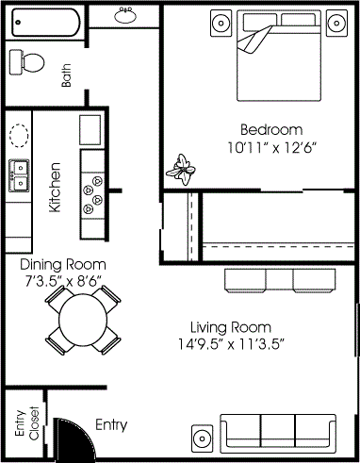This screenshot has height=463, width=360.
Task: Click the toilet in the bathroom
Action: coord(28,62)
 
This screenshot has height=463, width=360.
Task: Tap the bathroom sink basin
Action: coord(125,14)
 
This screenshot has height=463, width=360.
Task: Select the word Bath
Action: coord(67,75)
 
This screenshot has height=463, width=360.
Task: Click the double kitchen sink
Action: coord(19,174)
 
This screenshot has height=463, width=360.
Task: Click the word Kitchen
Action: coord(56,187)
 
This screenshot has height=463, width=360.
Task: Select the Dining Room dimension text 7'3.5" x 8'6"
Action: coord(63,280)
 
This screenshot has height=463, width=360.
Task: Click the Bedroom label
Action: coord(270,129)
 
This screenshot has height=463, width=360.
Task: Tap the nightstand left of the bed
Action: coord(221,22)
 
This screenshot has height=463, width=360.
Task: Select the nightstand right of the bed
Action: coord(336,22)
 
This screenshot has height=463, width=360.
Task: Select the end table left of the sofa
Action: coord(203,438)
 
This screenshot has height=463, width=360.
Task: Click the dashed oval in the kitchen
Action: coord(19,134)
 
